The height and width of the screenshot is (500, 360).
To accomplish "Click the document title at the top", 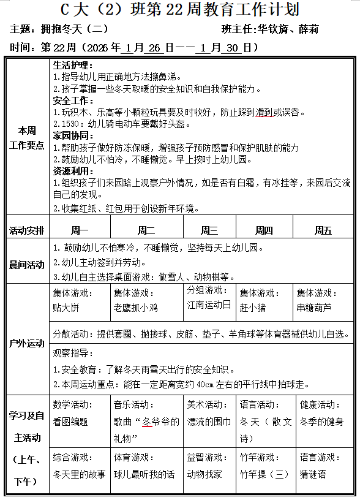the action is click(x=180, y=9).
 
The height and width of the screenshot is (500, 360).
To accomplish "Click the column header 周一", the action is click(x=80, y=230).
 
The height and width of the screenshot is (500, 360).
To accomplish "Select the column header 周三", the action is click(x=209, y=230).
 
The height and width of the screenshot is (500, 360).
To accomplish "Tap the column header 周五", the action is click(x=323, y=230).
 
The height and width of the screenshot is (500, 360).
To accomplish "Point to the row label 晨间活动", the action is click(x=27, y=265).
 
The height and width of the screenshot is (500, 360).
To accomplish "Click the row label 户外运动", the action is click(x=27, y=343).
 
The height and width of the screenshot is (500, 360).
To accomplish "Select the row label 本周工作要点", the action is click(x=27, y=138).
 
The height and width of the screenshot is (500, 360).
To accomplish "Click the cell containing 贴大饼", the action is click(x=80, y=301).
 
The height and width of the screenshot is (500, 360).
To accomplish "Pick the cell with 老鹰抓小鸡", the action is click(x=146, y=301).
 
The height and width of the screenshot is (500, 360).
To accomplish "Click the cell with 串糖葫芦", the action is click(x=323, y=301).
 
